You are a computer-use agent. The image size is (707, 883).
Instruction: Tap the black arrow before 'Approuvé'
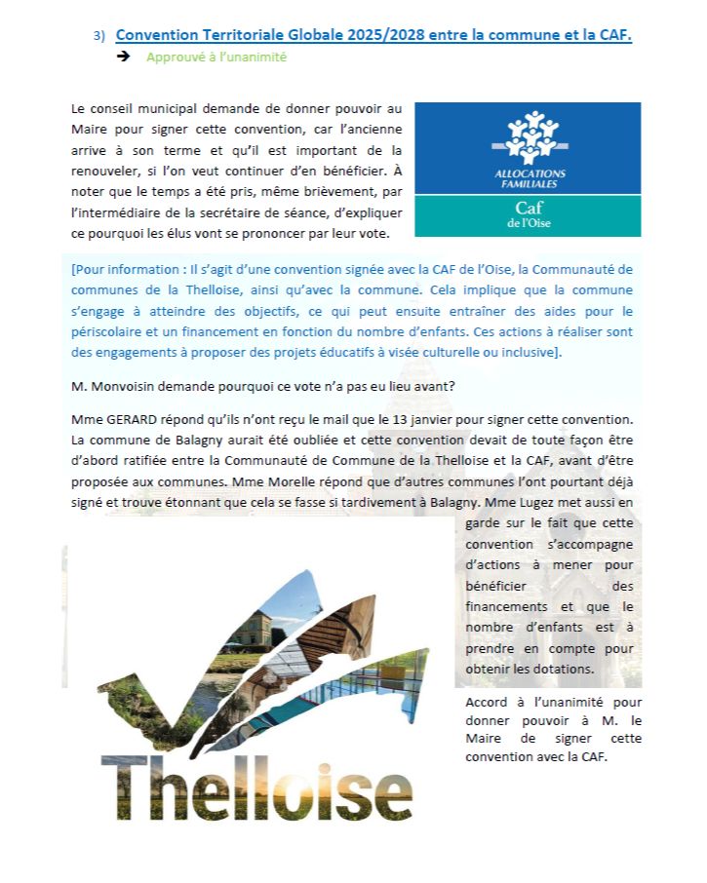(x=124, y=57)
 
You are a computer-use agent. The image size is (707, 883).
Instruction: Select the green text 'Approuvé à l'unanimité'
(x=216, y=58)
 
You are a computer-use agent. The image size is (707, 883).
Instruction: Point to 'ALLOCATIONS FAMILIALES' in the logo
(x=528, y=177)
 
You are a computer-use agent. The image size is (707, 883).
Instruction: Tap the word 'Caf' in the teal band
(x=529, y=208)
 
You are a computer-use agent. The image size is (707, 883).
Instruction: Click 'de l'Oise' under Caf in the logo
(x=529, y=224)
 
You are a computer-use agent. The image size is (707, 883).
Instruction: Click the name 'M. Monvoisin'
(x=113, y=386)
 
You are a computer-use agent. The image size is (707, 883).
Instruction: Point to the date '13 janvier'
(x=429, y=419)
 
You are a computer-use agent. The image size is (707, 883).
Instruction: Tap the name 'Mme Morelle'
(x=330, y=483)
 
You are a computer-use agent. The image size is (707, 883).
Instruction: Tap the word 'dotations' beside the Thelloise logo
(x=571, y=669)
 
